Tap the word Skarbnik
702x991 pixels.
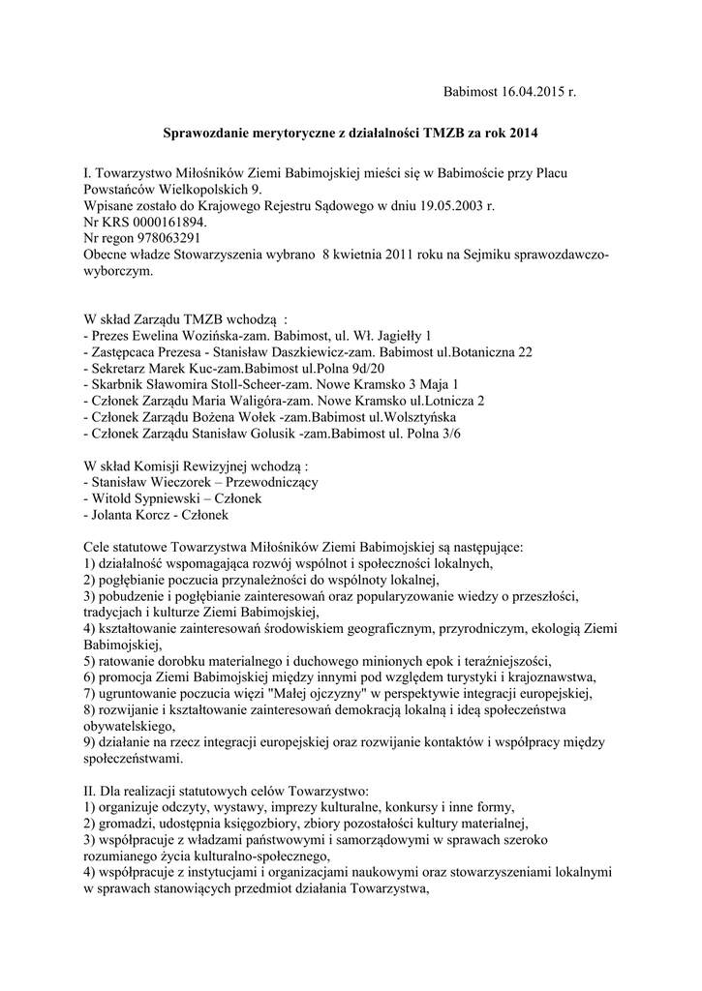pos(122,385)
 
